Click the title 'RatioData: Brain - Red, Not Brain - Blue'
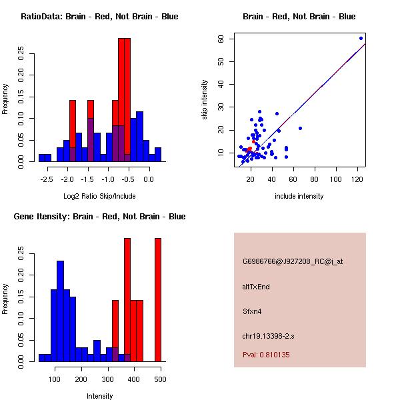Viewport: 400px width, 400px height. click(99, 17)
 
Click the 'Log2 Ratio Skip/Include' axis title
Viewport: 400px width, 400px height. click(99, 196)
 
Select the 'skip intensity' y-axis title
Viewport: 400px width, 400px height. click(205, 100)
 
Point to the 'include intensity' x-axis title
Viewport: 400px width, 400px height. click(299, 196)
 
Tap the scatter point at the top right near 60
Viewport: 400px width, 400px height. click(361, 38)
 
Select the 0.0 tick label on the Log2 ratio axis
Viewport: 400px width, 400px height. click(149, 179)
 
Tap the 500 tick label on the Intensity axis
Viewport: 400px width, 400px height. click(159, 379)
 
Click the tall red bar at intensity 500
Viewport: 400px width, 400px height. click(158, 300)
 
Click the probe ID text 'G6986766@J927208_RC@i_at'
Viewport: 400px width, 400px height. click(293, 262)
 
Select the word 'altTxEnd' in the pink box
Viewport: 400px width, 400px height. click(256, 287)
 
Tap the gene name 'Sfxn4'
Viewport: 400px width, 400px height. click(252, 311)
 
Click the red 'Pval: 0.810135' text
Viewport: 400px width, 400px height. click(266, 355)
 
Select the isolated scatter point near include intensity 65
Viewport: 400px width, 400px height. click(300, 128)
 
